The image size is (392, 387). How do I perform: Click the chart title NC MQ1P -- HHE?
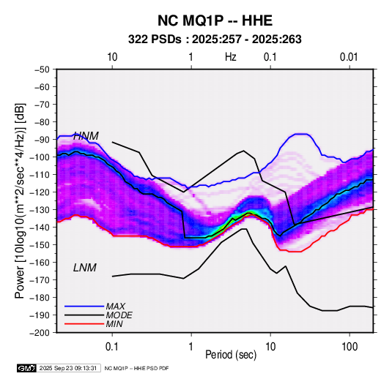[x=215, y=20]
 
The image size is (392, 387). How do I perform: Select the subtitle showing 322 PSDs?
[x=215, y=40]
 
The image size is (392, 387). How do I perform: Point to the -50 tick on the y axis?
[x=42, y=69]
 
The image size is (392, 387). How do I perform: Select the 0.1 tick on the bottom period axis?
[x=112, y=347]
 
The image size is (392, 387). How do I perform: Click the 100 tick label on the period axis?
[x=350, y=347]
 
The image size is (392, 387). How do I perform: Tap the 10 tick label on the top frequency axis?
[x=112, y=57]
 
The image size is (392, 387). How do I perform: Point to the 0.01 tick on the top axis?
[x=349, y=57]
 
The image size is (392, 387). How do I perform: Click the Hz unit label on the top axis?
[x=231, y=57]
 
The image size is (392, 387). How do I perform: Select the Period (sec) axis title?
[x=231, y=355]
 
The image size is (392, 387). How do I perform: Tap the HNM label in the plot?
[x=86, y=136]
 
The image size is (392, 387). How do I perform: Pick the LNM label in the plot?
[x=85, y=268]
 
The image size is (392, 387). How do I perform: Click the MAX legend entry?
[x=115, y=307]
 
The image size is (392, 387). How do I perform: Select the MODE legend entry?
[x=119, y=315]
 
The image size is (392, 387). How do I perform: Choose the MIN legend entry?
[x=114, y=324]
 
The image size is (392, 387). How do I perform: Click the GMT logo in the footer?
[x=27, y=368]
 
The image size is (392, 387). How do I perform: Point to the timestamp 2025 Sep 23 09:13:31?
[x=68, y=368]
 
